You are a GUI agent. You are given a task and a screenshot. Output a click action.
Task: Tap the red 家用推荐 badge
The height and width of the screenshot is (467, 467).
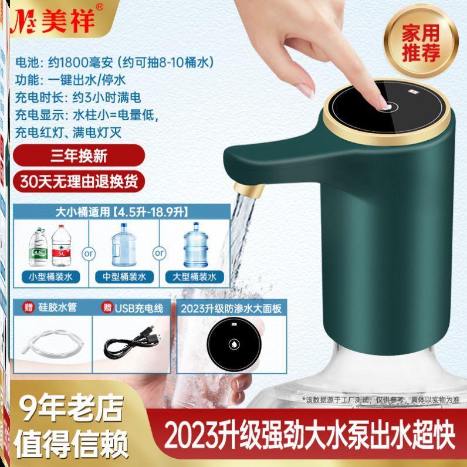point(419,45)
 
